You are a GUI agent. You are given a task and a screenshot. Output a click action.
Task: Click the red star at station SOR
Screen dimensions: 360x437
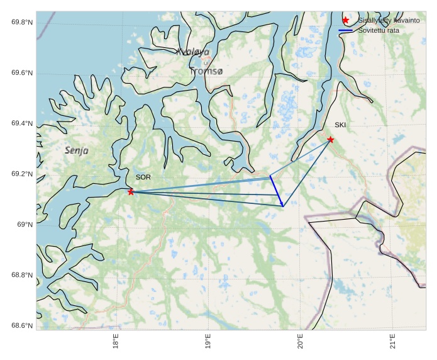[131, 191]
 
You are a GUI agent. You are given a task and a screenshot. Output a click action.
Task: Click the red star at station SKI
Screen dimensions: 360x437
[331, 139]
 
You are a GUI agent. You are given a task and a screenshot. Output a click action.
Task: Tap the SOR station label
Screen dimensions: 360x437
[143, 177]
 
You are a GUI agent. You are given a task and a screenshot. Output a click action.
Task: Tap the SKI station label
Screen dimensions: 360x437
[340, 125]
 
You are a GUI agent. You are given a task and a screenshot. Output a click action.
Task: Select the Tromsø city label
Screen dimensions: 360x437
[206, 71]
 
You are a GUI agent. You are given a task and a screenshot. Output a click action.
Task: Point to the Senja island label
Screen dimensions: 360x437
[77, 150]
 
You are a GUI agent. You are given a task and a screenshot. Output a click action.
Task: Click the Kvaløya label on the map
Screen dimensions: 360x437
[192, 52]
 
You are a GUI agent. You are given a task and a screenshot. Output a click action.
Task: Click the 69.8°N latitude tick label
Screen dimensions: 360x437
[22, 23]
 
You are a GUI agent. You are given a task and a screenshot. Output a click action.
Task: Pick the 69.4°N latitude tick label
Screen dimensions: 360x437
[22, 124]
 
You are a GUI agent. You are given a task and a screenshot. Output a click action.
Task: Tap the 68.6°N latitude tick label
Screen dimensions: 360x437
[22, 325]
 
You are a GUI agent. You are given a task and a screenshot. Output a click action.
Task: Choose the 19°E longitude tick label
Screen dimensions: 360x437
[208, 344]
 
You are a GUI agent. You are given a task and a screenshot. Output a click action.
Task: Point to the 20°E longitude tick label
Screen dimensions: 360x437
[301, 344]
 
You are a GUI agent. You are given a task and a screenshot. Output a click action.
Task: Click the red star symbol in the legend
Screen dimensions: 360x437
[345, 20]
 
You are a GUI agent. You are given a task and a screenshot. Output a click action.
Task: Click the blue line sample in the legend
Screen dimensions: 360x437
[345, 30]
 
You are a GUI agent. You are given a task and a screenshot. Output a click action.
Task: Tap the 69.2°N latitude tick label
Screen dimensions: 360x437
[22, 174]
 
